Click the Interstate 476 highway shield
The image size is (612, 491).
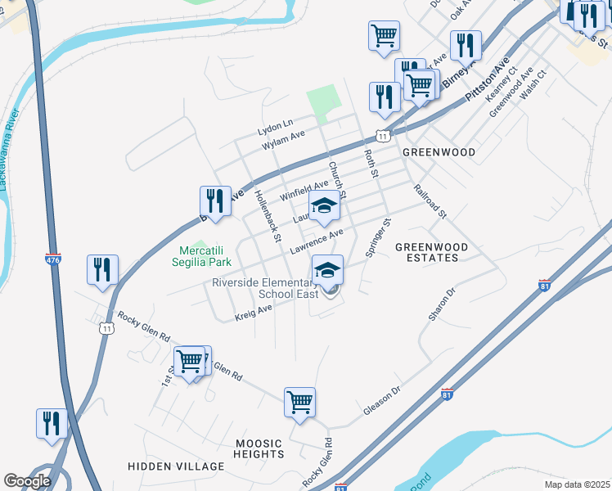pos(52,259)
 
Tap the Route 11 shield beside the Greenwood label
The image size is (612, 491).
pos(382,135)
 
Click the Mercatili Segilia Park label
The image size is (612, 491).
pos(201,256)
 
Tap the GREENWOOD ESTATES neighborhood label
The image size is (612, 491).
pos(432,252)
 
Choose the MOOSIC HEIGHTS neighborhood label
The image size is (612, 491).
pos(259,448)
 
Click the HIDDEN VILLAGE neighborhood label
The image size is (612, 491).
pos(176,466)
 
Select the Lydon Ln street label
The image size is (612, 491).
pos(275,128)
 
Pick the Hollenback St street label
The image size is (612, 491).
pos(268,216)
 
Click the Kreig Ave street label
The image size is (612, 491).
pos(254,310)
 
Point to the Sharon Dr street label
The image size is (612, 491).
pos(441,304)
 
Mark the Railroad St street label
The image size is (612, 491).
pos(430,201)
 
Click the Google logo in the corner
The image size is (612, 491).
pos(27,480)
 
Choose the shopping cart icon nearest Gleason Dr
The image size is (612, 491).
pos(300,402)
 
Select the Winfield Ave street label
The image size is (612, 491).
pos(304,192)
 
